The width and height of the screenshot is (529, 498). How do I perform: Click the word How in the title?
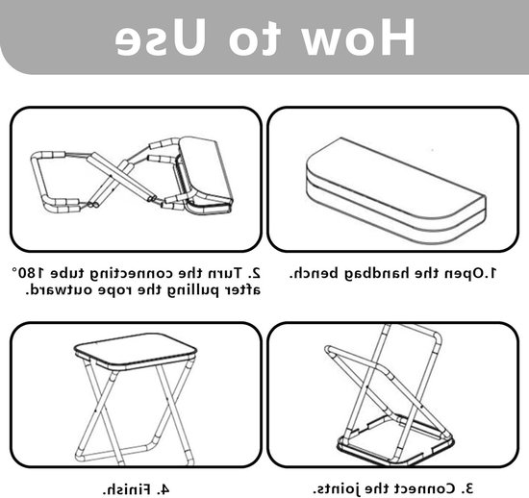tap(359, 37)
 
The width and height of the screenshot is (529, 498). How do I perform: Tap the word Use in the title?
tap(161, 37)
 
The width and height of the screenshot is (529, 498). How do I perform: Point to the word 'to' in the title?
tap(255, 38)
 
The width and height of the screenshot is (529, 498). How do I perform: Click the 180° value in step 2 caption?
tap(28, 272)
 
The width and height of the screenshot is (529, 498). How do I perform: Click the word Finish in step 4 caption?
tap(127, 489)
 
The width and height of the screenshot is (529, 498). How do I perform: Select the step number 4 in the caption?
tap(163, 489)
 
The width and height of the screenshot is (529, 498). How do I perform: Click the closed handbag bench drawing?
tap(395, 191)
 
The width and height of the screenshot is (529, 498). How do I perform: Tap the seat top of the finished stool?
tap(135, 352)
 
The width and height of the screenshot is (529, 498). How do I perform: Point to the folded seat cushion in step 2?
tap(205, 175)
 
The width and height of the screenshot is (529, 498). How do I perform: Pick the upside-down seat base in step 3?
tap(395, 441)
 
